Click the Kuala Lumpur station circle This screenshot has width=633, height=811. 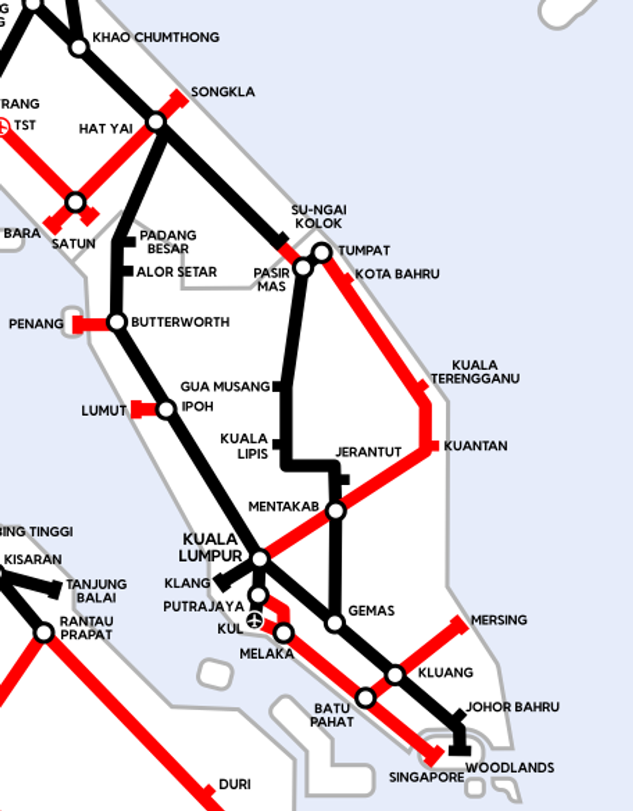260,559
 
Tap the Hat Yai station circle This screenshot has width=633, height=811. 156,121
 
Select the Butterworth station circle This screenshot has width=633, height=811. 117,322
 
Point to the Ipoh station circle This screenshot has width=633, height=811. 166,409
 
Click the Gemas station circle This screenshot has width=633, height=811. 335,623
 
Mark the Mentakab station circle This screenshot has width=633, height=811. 336,511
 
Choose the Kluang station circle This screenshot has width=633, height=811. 395,675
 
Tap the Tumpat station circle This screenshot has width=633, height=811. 322,251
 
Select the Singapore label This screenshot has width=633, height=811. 426,777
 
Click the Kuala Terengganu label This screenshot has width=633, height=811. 475,372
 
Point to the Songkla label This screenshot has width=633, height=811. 223,92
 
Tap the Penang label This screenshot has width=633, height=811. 36,324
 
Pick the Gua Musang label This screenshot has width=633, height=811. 225,387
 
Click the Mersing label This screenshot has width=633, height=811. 499,620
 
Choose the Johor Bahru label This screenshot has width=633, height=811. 512,707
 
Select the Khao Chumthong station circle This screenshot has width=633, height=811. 79,47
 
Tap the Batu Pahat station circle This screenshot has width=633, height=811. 366,698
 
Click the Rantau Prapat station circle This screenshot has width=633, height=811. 44,633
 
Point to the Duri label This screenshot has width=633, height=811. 234,785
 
